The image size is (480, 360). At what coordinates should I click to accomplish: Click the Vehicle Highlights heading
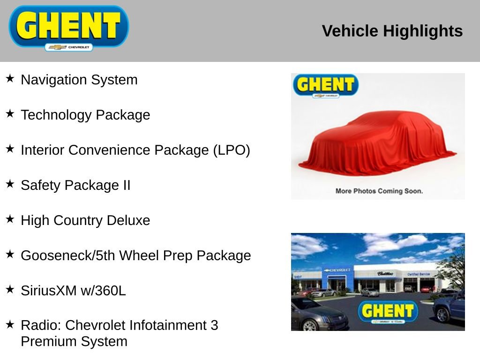[392, 31]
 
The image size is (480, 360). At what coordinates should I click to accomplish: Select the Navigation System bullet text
[79, 80]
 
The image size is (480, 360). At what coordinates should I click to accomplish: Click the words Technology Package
[85, 115]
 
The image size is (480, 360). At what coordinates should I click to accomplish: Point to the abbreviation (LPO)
[232, 150]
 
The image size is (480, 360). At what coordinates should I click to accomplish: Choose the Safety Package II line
[75, 185]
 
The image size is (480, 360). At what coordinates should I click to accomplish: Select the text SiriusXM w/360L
[73, 291]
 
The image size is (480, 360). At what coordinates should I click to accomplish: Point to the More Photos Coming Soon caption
[379, 191]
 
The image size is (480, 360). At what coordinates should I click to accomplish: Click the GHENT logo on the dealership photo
[387, 311]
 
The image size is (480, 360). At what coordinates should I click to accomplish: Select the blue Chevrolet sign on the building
[337, 270]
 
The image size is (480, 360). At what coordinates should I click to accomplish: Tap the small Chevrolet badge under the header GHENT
[69, 47]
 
